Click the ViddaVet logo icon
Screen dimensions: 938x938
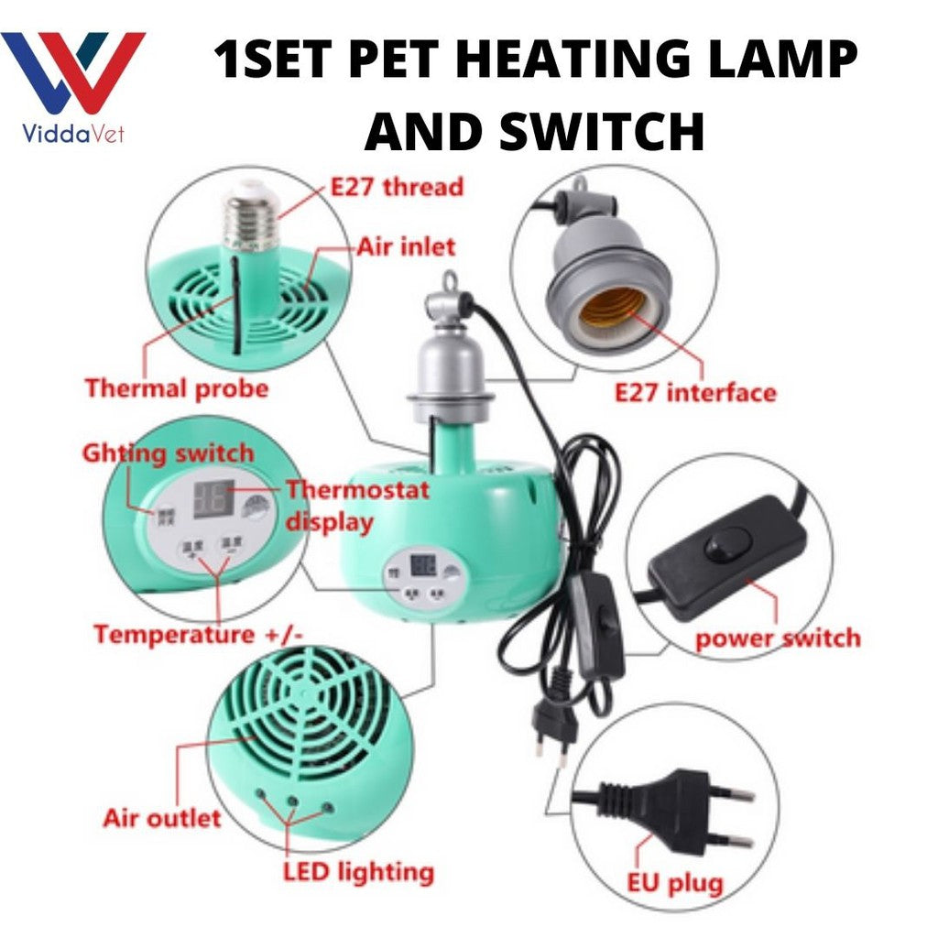pyautogui.click(x=72, y=73)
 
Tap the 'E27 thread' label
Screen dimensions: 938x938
pyautogui.click(x=397, y=188)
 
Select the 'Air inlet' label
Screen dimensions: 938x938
pyautogui.click(x=406, y=246)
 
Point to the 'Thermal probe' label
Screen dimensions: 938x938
pyautogui.click(x=177, y=387)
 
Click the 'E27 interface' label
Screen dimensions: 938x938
pyautogui.click(x=695, y=393)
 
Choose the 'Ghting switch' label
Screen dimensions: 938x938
pyautogui.click(x=168, y=453)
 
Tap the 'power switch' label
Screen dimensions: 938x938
pyautogui.click(x=778, y=638)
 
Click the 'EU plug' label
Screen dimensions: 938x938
pyautogui.click(x=675, y=884)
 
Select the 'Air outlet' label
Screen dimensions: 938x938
pyautogui.click(x=162, y=817)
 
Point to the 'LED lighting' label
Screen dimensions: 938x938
pyautogui.click(x=357, y=871)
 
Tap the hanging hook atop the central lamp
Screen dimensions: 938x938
pyautogui.click(x=449, y=285)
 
